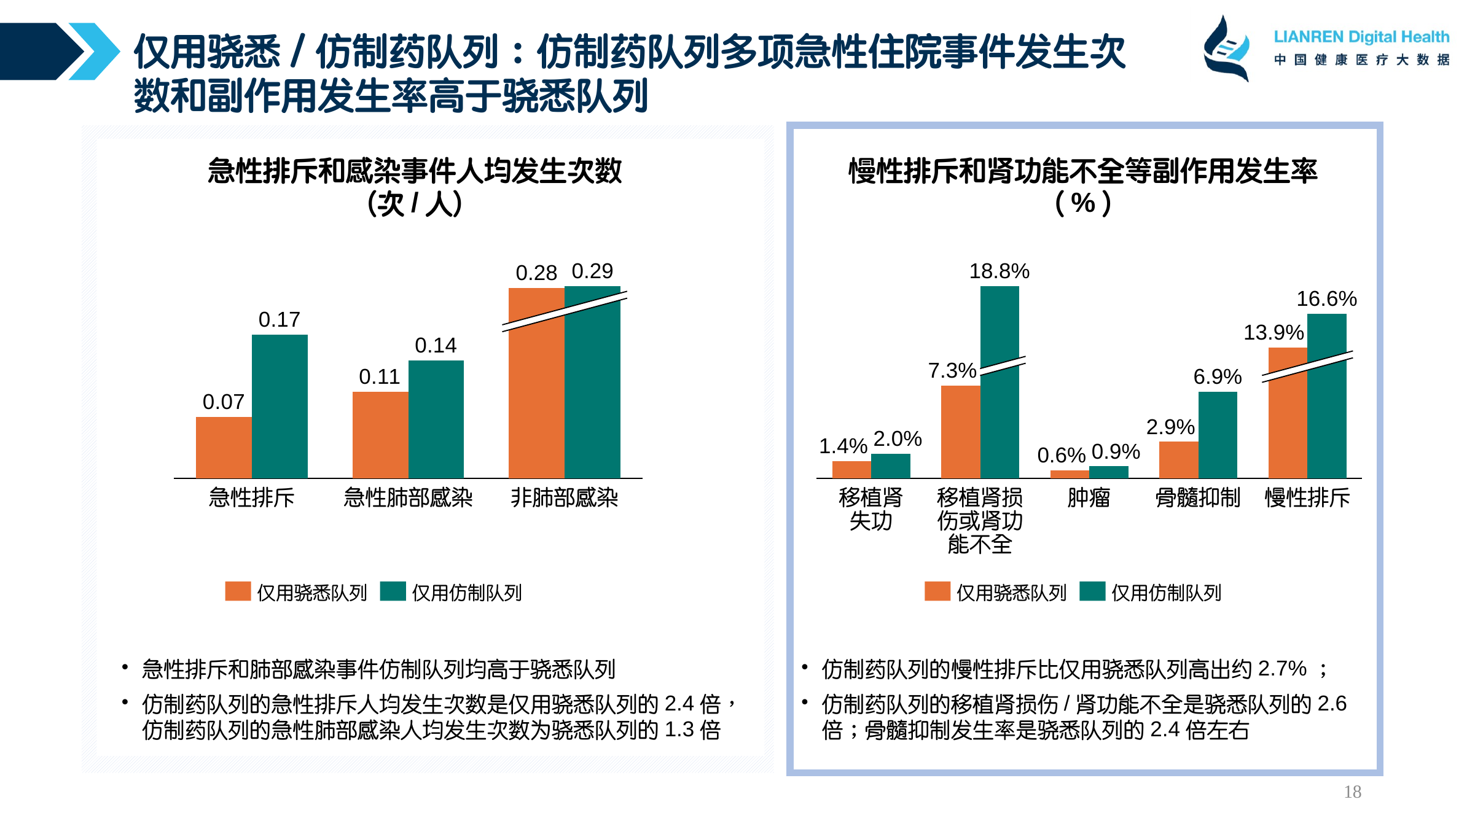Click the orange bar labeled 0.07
pos(224,447)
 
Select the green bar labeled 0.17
pos(280,407)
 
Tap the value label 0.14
pos(436,346)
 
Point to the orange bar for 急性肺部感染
pos(380,435)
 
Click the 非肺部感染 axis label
pos(564,497)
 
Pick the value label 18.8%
pos(999,271)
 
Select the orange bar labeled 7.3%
pos(960,432)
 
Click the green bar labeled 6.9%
pos(1218,435)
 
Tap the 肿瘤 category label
pos(1089,497)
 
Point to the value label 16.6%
pos(1326,299)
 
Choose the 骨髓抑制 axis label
pos(1198,497)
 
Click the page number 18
pos(1352,792)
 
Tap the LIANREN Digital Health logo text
pos(1361,37)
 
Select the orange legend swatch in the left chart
pos(238,591)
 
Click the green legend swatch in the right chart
pos(1092,591)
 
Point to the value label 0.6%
pos(1061,456)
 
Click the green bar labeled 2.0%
pos(890,465)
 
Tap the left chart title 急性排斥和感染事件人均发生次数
pos(415,171)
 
